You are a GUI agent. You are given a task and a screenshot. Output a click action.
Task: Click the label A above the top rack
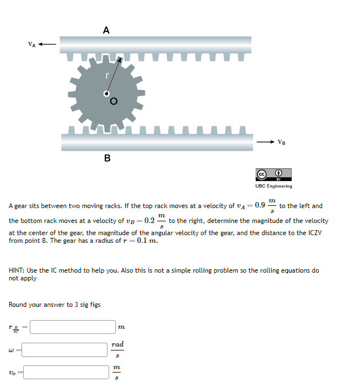[x=106, y=30]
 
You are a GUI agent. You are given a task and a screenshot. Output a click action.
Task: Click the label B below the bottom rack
[x=107, y=158]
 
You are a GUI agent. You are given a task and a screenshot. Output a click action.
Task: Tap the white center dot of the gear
[x=106, y=94]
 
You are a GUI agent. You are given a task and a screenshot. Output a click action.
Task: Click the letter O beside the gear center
[x=114, y=101]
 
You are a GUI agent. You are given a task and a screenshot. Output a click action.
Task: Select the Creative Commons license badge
[x=273, y=175]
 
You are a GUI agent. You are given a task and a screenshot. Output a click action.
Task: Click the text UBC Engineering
[x=273, y=186]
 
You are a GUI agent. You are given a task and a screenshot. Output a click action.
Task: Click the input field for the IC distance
[x=72, y=327]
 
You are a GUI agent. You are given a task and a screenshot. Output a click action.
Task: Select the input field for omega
[x=65, y=349]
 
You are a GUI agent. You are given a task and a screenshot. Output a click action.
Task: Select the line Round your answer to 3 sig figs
[x=55, y=305]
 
